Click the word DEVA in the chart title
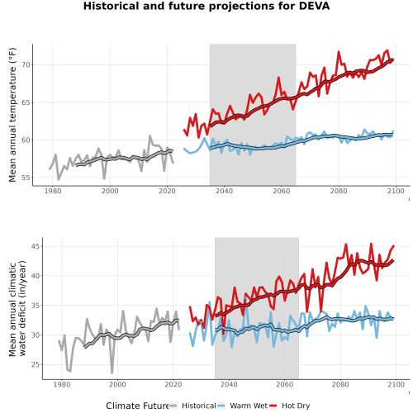pyautogui.click(x=314, y=6)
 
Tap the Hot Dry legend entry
pyautogui.click(x=290, y=406)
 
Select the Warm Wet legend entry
pyautogui.click(x=242, y=406)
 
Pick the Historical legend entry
pyautogui.click(x=192, y=406)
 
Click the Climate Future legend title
pyautogui.click(x=137, y=406)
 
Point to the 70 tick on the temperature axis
pyautogui.click(x=26, y=65)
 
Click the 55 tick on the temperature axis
pyautogui.click(x=26, y=178)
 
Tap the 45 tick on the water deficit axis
pyautogui.click(x=36, y=246)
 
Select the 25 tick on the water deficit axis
pyautogui.click(x=36, y=365)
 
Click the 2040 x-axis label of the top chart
pyautogui.click(x=224, y=191)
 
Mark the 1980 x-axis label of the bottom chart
pyautogui.click(x=62, y=384)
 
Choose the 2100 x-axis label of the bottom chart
pyautogui.click(x=396, y=384)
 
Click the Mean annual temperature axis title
pyautogui.click(x=12, y=115)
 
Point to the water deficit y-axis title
pyautogui.click(x=17, y=308)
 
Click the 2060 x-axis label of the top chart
pyautogui.click(x=282, y=191)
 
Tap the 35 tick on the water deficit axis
pyautogui.click(x=36, y=306)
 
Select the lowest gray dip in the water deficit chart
pyautogui.click(x=112, y=373)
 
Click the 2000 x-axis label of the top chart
pyautogui.click(x=110, y=191)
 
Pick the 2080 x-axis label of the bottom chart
pyautogui.click(x=340, y=384)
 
